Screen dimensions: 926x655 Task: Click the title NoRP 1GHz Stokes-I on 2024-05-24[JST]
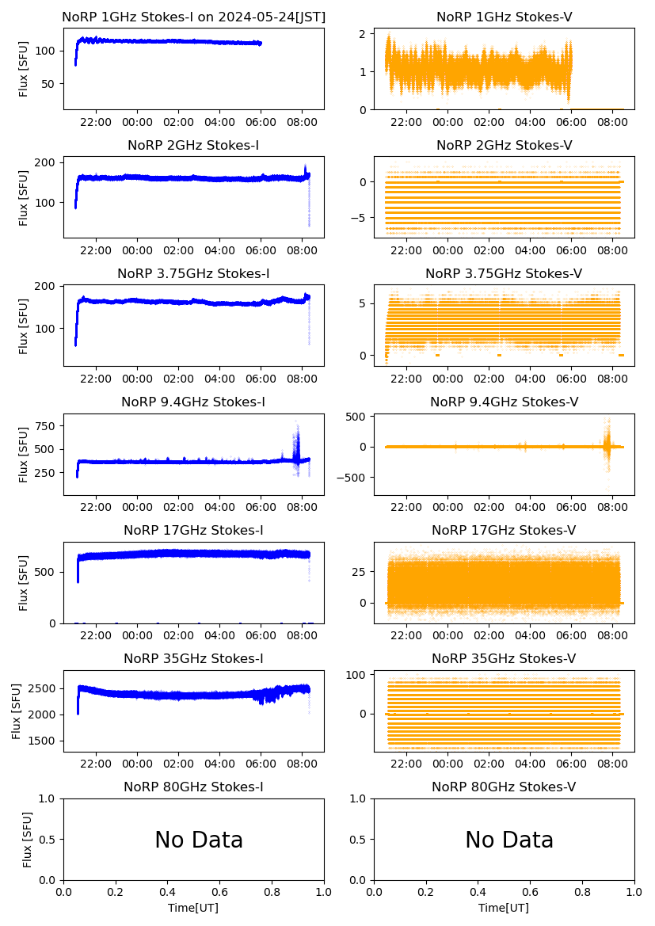[193, 17]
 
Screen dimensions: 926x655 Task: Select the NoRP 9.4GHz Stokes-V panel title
[504, 402]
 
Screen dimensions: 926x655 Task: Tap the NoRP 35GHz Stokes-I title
[193, 659]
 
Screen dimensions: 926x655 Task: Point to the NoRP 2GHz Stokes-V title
[504, 145]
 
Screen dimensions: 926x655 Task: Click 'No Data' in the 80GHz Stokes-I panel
[199, 840]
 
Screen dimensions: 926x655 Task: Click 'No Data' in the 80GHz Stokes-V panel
[509, 840]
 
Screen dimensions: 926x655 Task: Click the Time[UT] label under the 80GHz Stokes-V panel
[504, 908]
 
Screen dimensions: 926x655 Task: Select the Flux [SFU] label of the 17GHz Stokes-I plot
[24, 582]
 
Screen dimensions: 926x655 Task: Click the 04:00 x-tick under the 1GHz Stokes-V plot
[530, 123]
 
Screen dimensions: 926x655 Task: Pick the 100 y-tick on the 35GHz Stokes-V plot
[356, 675]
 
